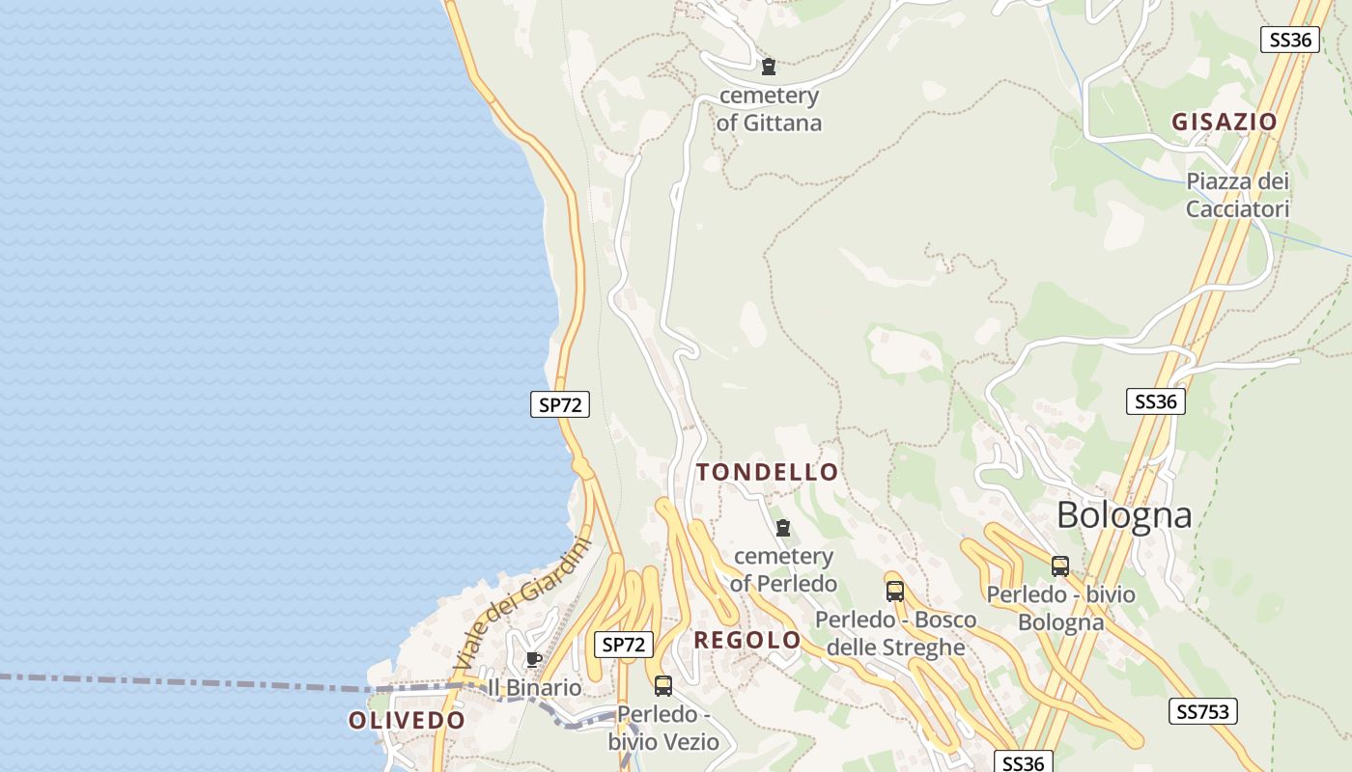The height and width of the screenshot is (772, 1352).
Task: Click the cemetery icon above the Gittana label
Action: (769, 67)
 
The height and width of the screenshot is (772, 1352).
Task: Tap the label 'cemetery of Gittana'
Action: (769, 109)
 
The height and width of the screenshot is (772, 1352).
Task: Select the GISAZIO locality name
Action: (1225, 123)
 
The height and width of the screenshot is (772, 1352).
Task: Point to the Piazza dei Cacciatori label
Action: (1237, 195)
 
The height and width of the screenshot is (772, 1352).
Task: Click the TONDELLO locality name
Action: (768, 473)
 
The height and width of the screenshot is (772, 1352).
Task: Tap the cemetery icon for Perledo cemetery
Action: (783, 528)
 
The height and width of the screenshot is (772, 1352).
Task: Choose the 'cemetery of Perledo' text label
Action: (783, 569)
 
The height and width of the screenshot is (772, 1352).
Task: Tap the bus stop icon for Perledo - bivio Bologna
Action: (1060, 566)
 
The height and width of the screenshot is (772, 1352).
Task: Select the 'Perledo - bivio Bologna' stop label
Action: (1060, 608)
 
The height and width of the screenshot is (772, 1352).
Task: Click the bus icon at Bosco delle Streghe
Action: (895, 592)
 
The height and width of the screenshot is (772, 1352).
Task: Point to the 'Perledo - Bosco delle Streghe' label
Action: (895, 633)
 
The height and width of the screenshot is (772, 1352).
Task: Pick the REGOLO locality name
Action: (747, 640)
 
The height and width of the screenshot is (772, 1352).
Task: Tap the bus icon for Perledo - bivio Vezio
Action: (663, 686)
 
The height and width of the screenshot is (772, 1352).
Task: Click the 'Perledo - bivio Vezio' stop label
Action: (663, 728)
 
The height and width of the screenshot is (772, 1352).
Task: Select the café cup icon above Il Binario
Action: (533, 660)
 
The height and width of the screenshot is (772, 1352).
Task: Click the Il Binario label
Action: (534, 688)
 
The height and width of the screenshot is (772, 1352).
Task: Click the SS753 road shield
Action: (1203, 712)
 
